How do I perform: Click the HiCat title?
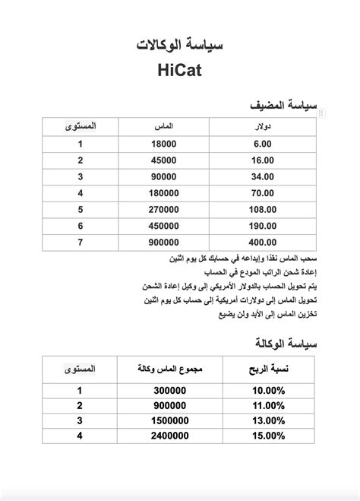[x=179, y=71]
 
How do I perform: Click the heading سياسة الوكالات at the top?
[x=179, y=45]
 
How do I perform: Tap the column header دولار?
[x=263, y=124]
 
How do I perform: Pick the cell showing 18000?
[x=164, y=143]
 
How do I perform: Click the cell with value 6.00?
[x=263, y=143]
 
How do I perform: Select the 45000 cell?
[x=164, y=160]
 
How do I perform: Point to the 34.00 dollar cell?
[x=263, y=176]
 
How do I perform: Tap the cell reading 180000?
[x=164, y=193]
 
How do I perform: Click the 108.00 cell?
[x=263, y=209]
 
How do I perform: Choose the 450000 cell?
[x=164, y=226]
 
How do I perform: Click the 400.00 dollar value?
[x=263, y=243]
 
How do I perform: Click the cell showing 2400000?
[x=169, y=436]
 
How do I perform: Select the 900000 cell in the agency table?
[x=169, y=405]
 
